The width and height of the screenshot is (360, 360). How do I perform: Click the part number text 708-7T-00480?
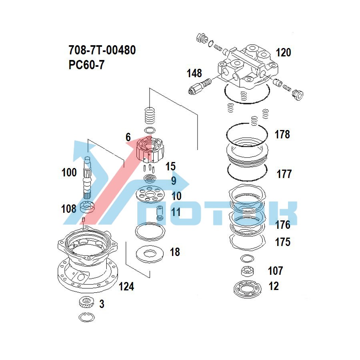point(102,50)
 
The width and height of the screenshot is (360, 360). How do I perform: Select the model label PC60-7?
point(86,64)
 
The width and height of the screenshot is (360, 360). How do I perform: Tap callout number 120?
point(283,52)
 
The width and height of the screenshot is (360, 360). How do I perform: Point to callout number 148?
point(194,73)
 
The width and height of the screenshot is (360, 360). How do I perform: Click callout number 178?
point(282,134)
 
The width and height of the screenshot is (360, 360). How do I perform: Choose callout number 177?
point(284,174)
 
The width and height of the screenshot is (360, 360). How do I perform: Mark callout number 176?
point(282,225)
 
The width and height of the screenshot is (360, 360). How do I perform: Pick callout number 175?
point(282,242)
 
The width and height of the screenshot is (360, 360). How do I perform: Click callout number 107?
point(275,271)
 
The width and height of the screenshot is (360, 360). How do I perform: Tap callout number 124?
point(126,286)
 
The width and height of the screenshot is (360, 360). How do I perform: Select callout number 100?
point(69,173)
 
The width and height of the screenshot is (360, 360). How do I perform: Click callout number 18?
point(175,252)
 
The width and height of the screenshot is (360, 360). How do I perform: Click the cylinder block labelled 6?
point(150,150)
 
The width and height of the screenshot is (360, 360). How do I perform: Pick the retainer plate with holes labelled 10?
point(151,195)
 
